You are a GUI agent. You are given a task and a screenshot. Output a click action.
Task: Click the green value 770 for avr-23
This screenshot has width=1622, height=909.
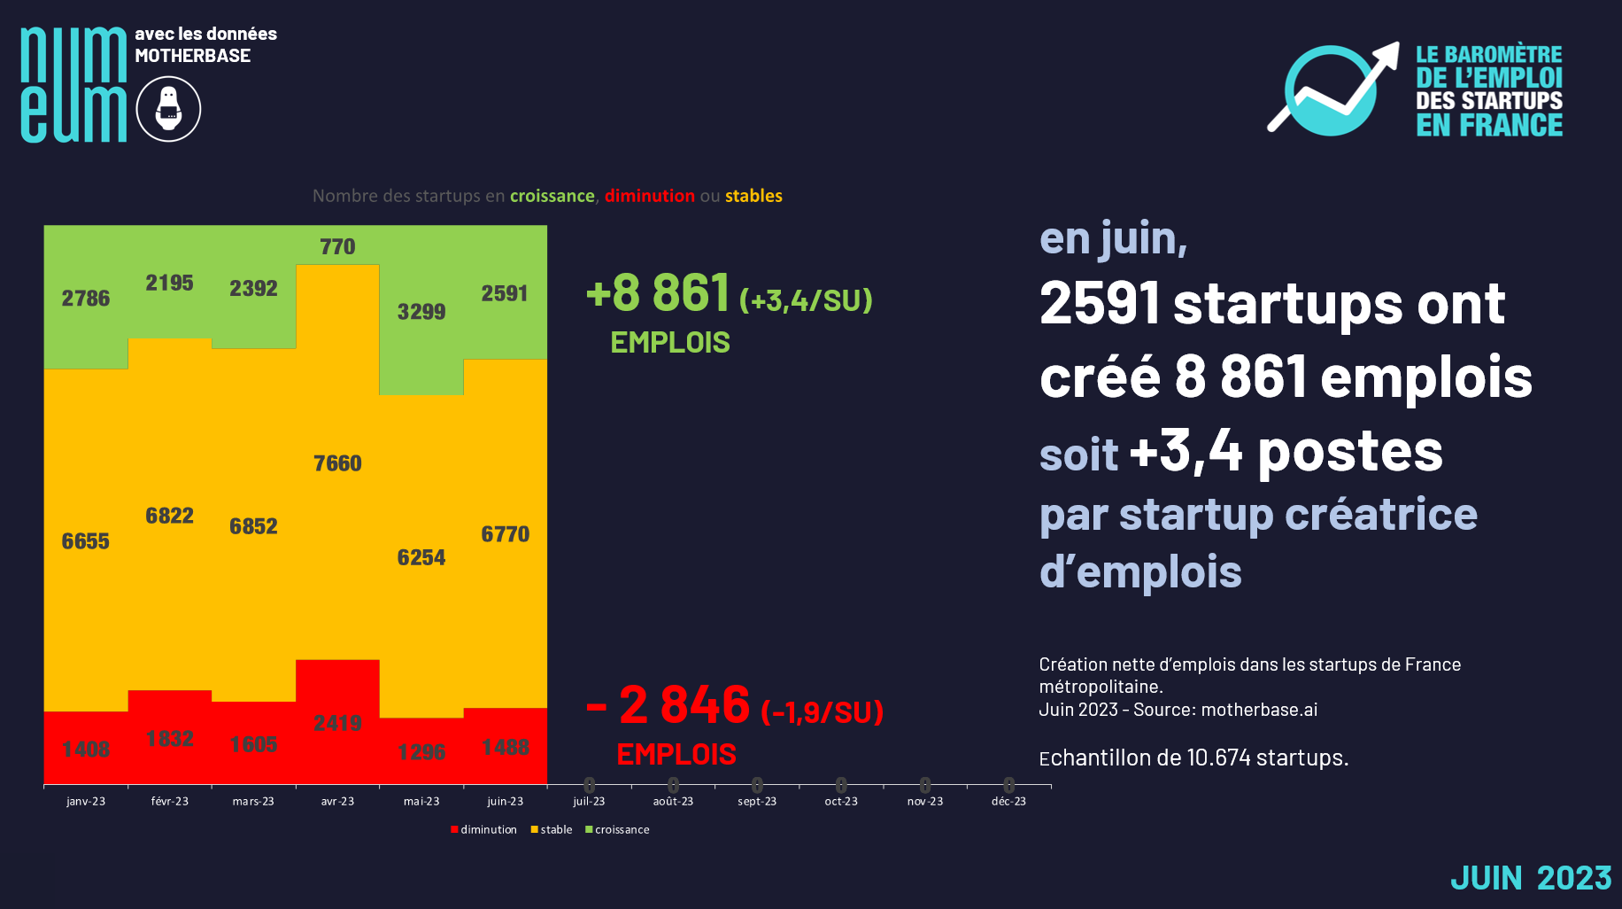click(337, 246)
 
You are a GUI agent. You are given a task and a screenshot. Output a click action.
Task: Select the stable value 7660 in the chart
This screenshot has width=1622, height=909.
click(337, 463)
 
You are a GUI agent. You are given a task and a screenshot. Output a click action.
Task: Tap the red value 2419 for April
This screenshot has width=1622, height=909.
click(337, 723)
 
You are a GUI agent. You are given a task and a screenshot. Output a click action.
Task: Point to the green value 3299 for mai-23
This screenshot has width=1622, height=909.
click(421, 312)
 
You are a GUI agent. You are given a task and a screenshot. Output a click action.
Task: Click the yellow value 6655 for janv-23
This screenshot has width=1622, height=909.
click(86, 541)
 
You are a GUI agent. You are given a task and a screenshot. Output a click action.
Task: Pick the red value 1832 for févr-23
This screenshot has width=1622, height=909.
click(169, 739)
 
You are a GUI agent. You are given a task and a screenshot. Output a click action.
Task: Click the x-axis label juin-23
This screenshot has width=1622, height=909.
click(505, 802)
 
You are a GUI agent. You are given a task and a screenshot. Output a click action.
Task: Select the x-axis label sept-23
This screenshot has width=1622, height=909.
click(757, 802)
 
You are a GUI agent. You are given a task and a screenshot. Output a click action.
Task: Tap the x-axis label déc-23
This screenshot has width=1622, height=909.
click(1008, 802)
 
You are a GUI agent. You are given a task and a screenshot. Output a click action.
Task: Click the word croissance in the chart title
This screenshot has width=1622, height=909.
click(552, 196)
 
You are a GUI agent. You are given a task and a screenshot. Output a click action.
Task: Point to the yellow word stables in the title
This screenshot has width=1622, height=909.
click(753, 196)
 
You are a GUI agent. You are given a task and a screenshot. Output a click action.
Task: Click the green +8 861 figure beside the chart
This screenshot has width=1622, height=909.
click(660, 293)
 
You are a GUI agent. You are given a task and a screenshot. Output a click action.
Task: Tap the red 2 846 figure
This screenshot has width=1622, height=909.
click(684, 705)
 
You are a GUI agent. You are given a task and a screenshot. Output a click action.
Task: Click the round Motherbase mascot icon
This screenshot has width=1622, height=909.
click(168, 109)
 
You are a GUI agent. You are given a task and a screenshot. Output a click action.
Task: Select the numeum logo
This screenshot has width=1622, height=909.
click(73, 85)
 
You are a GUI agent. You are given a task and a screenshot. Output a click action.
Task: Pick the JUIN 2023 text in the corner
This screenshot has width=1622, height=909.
click(1531, 878)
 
